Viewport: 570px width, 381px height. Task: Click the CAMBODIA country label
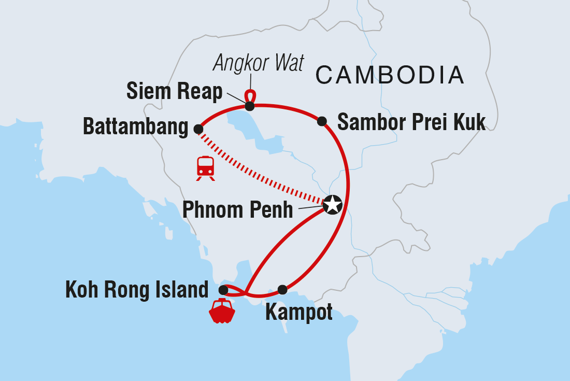click(x=390, y=75)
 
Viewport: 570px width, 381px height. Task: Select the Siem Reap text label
click(x=175, y=92)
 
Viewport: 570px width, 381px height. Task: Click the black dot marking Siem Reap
click(x=250, y=106)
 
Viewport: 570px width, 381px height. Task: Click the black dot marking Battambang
click(x=198, y=129)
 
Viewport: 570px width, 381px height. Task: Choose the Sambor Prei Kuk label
click(x=411, y=122)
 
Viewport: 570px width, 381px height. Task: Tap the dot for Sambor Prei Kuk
click(x=322, y=121)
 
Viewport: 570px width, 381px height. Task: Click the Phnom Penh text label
click(x=238, y=210)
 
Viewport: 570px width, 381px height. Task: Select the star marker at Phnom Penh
click(x=332, y=205)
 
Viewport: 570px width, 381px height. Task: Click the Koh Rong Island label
click(x=137, y=290)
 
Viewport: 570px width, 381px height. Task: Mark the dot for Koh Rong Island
click(x=223, y=290)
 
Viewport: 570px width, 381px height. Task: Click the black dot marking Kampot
click(x=282, y=289)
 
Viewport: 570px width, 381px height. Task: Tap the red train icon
click(x=206, y=167)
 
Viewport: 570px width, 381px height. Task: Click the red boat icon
click(x=222, y=311)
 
